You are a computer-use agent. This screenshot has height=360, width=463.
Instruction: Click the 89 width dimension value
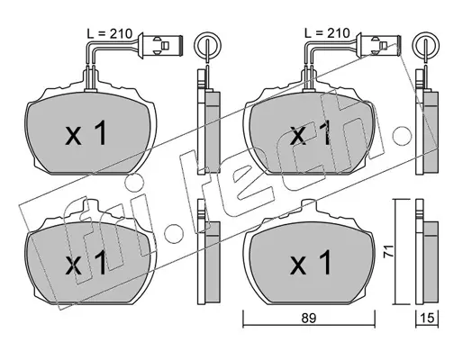coord(309,318)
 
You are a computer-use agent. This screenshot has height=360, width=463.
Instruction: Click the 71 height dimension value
coord(388,251)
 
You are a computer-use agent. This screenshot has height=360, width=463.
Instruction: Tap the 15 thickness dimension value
coord(427,318)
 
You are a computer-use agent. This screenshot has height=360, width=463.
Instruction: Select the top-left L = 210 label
coord(109,33)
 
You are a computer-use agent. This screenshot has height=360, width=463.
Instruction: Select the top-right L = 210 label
coord(327,33)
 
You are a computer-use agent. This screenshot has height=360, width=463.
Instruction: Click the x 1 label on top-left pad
coord(86,133)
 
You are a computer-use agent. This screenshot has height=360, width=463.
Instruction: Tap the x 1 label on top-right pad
coord(310,133)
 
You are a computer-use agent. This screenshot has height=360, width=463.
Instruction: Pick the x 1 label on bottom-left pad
coord(86,263)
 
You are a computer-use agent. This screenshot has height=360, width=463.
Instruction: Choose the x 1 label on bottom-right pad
coord(311,263)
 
